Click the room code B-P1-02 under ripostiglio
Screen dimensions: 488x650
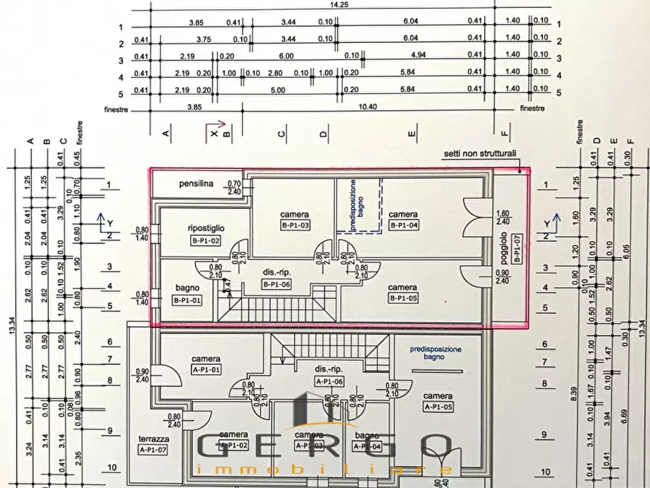(x=205, y=240)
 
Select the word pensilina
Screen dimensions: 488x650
(x=197, y=184)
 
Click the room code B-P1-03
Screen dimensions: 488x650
(x=296, y=226)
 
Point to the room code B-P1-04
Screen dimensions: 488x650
(x=403, y=226)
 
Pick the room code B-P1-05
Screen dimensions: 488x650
(x=403, y=299)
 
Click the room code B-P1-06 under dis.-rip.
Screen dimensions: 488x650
(x=277, y=285)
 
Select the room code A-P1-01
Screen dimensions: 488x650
(x=206, y=370)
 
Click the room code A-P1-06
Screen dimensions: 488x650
(x=329, y=381)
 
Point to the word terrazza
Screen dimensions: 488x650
(x=154, y=439)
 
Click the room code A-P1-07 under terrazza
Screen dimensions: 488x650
(x=154, y=450)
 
